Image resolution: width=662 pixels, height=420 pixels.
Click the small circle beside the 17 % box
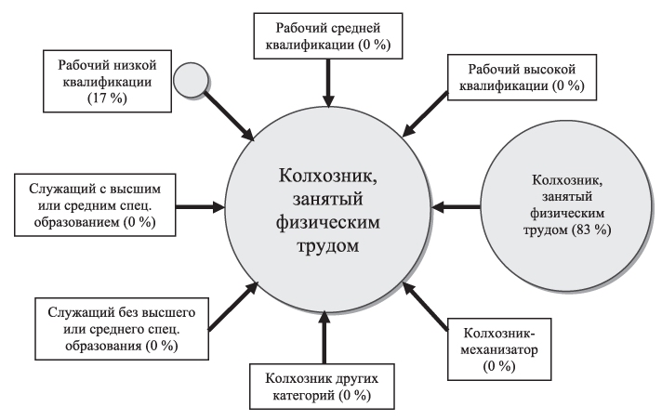coord(192,79)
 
